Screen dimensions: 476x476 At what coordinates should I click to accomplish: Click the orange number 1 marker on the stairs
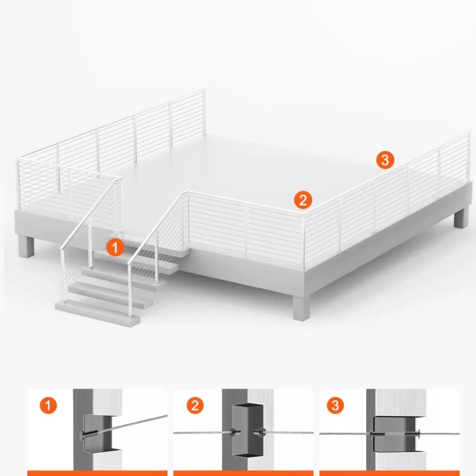pyautogui.click(x=115, y=247)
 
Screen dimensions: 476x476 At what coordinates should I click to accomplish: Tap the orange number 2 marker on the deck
pyautogui.click(x=303, y=200)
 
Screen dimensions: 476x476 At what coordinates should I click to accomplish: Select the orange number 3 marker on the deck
pyautogui.click(x=385, y=160)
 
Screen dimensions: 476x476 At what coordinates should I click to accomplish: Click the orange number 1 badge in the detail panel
pyautogui.click(x=48, y=405)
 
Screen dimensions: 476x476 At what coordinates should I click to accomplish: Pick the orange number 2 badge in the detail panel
pyautogui.click(x=195, y=405)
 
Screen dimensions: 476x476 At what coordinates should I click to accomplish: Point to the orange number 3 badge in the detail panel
pyautogui.click(x=335, y=405)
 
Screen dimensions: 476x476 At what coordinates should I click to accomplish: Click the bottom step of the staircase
pyautogui.click(x=97, y=313)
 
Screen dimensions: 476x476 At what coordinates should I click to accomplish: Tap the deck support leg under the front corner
pyautogui.click(x=301, y=308)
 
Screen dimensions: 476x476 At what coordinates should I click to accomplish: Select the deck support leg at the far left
pyautogui.click(x=26, y=246)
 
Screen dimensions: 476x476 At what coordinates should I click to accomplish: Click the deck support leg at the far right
pyautogui.click(x=462, y=217)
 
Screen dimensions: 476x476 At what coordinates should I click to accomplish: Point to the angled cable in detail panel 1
pyautogui.click(x=137, y=423)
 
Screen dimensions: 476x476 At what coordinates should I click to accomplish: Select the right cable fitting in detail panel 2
pyautogui.click(x=260, y=432)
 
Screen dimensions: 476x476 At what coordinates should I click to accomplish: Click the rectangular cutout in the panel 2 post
pyautogui.click(x=248, y=430)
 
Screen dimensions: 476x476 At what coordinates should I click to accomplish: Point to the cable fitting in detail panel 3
pyautogui.click(x=395, y=434)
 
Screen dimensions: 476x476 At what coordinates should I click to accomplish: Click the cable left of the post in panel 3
pyautogui.click(x=345, y=434)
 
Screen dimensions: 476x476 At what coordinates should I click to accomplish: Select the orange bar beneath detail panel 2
pyautogui.click(x=243, y=473)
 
